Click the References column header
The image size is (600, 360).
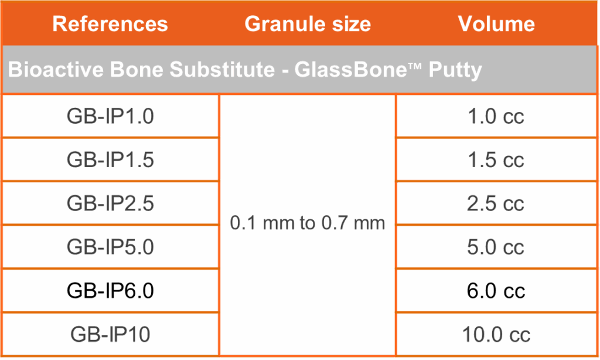coord(110,23)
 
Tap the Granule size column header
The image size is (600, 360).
coord(308,23)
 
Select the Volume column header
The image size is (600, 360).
coord(496,23)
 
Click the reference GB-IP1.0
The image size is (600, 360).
coord(110,117)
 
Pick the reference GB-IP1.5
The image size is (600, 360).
coord(110,159)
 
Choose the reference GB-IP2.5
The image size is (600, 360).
coord(110,203)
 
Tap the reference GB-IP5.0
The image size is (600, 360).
coord(110,247)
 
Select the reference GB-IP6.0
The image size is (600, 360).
coord(110,291)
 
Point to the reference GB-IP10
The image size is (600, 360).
coord(110,334)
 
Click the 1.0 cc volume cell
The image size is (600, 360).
coord(496,117)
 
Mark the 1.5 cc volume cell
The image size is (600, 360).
coord(496,159)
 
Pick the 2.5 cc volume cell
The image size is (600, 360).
coord(496,203)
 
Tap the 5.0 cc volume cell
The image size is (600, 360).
coord(496,247)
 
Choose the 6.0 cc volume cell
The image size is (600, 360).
coord(496,291)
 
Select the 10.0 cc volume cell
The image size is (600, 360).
coord(496,334)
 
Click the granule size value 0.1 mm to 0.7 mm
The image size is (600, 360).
coord(307,223)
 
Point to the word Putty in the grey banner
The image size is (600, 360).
coord(455,70)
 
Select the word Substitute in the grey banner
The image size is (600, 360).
coord(222,70)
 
